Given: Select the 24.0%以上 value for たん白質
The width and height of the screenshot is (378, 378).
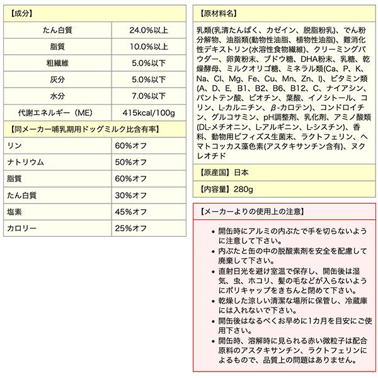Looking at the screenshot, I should [x=148, y=30].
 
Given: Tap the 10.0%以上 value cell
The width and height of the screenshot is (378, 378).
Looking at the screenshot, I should [x=148, y=47].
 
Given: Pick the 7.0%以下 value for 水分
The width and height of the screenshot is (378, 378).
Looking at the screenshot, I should [x=148, y=96].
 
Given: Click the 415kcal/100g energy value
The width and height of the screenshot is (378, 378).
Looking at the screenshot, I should [x=148, y=112].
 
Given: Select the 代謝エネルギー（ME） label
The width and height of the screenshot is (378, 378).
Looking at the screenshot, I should [x=57, y=112].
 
